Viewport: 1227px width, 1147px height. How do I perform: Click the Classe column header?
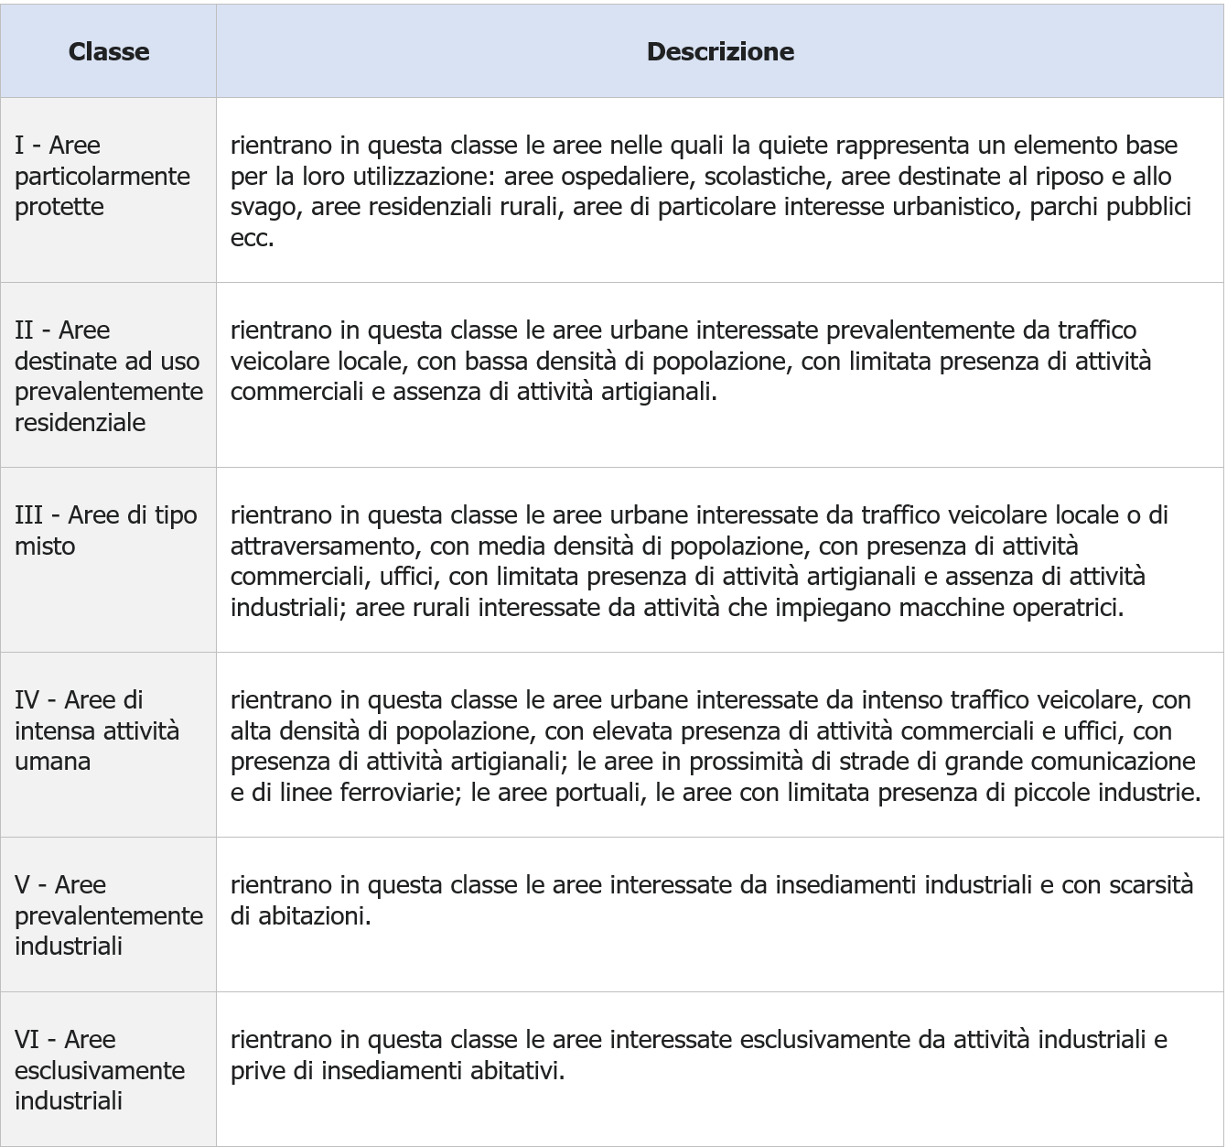pos(108,51)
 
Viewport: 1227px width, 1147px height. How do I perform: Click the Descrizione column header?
pos(719,51)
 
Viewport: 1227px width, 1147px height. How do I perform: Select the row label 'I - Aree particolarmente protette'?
pos(102,176)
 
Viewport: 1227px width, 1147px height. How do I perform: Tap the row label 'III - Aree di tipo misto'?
pos(105,530)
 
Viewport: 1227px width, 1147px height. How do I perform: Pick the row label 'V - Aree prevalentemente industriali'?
pos(108,914)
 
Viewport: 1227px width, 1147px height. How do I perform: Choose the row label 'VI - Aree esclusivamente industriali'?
pos(99,1069)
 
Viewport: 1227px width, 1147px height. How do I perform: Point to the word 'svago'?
pos(264,207)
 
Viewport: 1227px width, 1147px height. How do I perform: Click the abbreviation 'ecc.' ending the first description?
pos(252,238)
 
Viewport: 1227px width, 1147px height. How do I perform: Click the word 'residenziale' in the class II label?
pos(80,422)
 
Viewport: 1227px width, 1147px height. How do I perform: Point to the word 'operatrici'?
pos(1066,607)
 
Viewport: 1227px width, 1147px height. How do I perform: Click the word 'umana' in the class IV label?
pos(52,761)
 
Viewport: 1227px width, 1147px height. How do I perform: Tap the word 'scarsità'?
pos(1150,884)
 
